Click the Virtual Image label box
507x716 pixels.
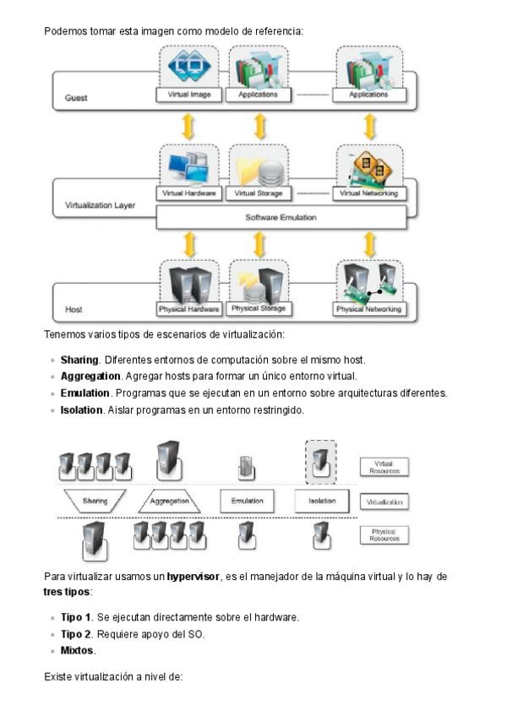pyautogui.click(x=189, y=95)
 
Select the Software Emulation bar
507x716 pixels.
pyautogui.click(x=281, y=217)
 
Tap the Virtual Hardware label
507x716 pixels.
pyautogui.click(x=189, y=193)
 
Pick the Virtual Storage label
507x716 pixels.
pyautogui.click(x=258, y=193)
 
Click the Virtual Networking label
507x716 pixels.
pyautogui.click(x=368, y=193)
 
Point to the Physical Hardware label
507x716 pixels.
pyautogui.click(x=189, y=309)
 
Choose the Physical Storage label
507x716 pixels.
pyautogui.click(x=258, y=308)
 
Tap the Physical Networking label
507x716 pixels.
pyautogui.click(x=368, y=309)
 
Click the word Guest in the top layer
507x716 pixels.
pyautogui.click(x=76, y=98)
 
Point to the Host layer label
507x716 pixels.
pyautogui.click(x=75, y=310)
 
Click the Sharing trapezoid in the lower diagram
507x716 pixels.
pyautogui.click(x=95, y=501)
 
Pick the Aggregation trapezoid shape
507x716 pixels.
pyautogui.click(x=169, y=501)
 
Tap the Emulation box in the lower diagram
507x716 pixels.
pyautogui.click(x=247, y=501)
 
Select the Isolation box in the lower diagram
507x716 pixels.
pyautogui.click(x=321, y=501)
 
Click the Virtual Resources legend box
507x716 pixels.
pyautogui.click(x=384, y=467)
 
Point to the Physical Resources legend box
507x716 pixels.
pyautogui.click(x=384, y=534)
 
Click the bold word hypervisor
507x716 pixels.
pyautogui.click(x=193, y=577)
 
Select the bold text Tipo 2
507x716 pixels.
pyautogui.click(x=76, y=634)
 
